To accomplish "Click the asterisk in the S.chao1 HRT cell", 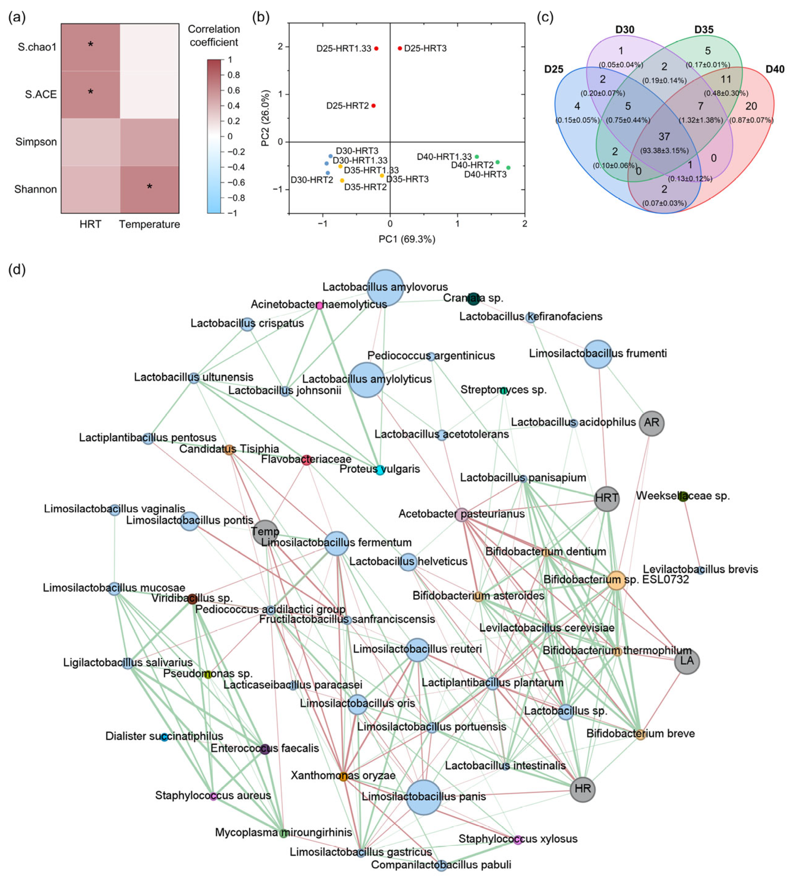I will [x=90, y=45].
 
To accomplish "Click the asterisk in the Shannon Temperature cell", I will [x=149, y=187].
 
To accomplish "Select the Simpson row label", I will [x=36, y=142].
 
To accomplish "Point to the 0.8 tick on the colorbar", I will [x=233, y=75].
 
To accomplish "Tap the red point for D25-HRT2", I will [x=373, y=106].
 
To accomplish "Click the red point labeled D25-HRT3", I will [x=400, y=48].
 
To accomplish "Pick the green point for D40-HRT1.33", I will [x=477, y=157].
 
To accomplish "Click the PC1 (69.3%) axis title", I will [x=407, y=239].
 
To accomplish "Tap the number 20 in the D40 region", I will [x=751, y=106].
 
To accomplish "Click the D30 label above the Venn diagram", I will [x=625, y=29].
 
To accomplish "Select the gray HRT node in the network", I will [x=606, y=499].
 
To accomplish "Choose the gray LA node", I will [x=687, y=662].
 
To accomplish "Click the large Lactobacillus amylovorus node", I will [x=385, y=288].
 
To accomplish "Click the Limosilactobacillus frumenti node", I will [x=598, y=354].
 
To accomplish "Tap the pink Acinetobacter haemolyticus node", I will [x=320, y=306].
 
